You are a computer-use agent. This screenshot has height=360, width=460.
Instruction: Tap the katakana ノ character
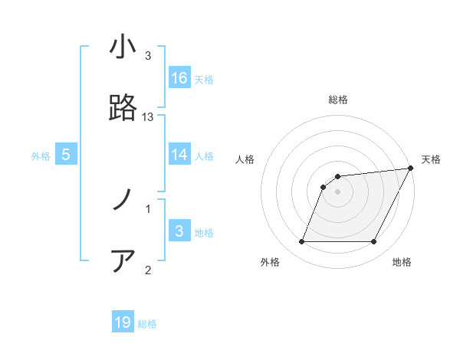pos(123,201)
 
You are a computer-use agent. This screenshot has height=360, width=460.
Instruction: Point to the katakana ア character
pos(123,261)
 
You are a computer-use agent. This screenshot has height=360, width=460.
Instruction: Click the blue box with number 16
pos(179,77)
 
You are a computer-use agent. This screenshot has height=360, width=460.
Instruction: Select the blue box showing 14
pos(179,155)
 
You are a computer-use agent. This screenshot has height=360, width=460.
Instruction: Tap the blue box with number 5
pos(66,155)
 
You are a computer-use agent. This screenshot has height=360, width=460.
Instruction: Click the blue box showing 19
pos(123,322)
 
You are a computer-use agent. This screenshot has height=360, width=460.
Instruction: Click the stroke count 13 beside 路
pos(148,116)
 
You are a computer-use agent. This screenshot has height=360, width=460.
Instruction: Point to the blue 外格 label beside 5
pos(41,156)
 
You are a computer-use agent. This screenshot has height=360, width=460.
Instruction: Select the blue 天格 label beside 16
pos(204,79)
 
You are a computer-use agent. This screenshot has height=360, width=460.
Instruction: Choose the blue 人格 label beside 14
pos(204,156)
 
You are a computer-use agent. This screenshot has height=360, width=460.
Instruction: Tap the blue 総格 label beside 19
pos(147,324)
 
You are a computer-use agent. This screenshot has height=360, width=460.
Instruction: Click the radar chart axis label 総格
pos(337,100)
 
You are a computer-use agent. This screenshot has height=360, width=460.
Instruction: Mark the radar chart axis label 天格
pos(431,159)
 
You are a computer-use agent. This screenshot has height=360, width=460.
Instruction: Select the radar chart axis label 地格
pos(402,263)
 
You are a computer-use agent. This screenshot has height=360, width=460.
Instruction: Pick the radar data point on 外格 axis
pos(301,242)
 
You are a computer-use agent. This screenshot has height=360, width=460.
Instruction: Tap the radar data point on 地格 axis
pos(373,242)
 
